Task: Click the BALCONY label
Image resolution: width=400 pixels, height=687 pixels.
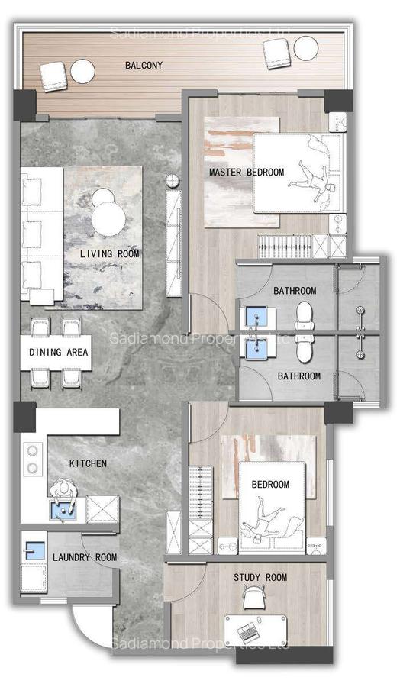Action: (143, 66)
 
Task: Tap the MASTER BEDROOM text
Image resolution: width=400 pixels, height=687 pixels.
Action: (246, 173)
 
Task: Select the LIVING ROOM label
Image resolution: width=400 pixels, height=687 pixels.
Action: (110, 253)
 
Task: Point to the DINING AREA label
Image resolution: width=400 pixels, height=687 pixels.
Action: (59, 353)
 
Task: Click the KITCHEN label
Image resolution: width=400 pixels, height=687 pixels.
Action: (88, 463)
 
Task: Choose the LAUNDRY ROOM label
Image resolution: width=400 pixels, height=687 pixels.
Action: (85, 558)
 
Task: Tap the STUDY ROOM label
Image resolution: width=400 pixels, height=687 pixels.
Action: (260, 578)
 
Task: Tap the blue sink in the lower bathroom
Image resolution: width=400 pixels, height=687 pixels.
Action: (254, 350)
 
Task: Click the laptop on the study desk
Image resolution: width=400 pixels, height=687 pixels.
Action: (248, 631)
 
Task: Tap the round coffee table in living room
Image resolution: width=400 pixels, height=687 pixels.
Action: (108, 214)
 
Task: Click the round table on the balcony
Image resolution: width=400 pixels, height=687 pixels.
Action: (82, 71)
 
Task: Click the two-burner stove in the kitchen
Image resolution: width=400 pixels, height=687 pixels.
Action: (33, 459)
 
